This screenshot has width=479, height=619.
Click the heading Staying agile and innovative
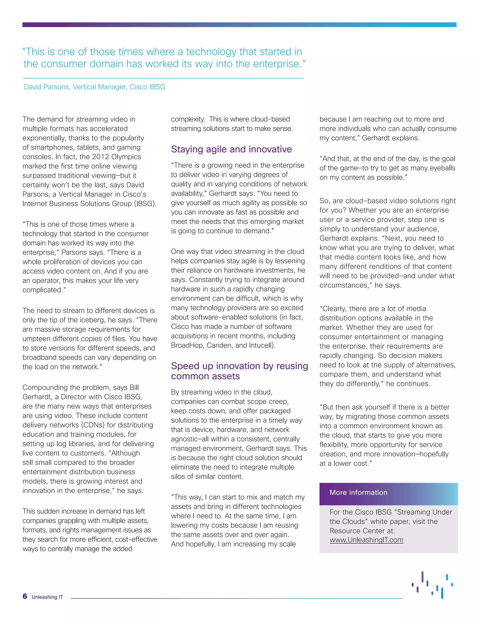coord(231,149)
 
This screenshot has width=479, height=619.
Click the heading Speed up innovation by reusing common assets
coord(239,371)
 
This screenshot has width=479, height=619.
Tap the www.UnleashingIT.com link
coord(366,540)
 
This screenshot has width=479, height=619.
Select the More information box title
coord(358,492)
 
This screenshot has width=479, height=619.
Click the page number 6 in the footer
coord(25,596)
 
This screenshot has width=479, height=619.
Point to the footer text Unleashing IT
coord(47,597)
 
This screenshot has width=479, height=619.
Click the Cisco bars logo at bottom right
coord(432,584)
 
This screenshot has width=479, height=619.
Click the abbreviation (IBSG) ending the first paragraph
coord(145,203)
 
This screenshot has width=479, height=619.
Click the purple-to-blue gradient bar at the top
coord(239,25)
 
